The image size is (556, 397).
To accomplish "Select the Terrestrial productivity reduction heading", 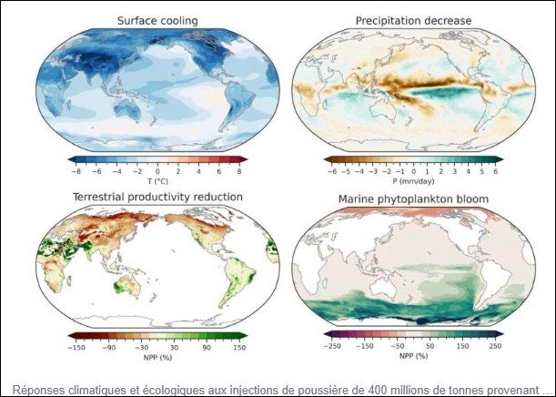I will pyautogui.click(x=157, y=197).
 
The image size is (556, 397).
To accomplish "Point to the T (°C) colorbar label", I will pyautogui.click(x=157, y=179).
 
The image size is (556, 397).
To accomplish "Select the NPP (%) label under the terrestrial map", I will pyautogui.click(x=157, y=356).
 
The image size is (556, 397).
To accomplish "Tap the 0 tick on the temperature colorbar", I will pyautogui.click(x=157, y=170).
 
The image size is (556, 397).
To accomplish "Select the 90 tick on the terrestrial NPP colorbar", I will pyautogui.click(x=206, y=347).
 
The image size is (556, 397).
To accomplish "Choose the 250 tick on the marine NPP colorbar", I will pyautogui.click(x=496, y=347).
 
